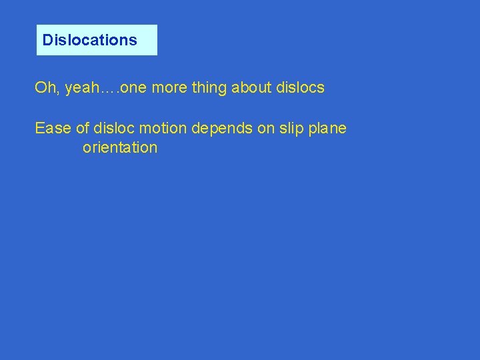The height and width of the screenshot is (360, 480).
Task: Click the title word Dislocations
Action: pos(89,40)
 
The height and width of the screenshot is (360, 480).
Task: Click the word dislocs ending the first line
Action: pos(300,88)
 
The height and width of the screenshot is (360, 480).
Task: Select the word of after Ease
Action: pos(83,128)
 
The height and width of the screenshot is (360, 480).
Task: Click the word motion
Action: pos(163,128)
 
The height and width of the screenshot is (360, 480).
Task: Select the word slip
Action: pos(291,129)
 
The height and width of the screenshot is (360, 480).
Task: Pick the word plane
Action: pos(328,129)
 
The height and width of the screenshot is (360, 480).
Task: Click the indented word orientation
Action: pos(120,147)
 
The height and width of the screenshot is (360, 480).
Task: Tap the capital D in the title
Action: pos(47,40)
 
